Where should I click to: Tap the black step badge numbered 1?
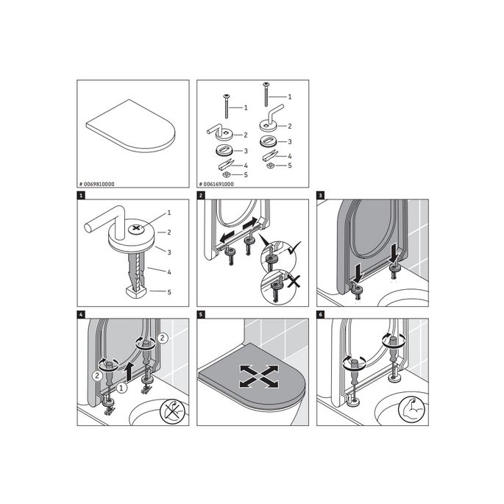[x=81, y=196]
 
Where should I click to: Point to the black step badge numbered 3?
[x=320, y=196]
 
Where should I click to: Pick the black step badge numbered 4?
[x=81, y=316]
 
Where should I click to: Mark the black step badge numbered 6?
[x=320, y=316]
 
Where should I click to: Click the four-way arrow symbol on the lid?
[x=251, y=377]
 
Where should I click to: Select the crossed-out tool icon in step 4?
[x=171, y=408]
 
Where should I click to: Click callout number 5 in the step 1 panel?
[x=169, y=292]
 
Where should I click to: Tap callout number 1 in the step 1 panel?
[x=169, y=213]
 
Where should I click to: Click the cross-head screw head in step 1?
[x=137, y=229]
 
